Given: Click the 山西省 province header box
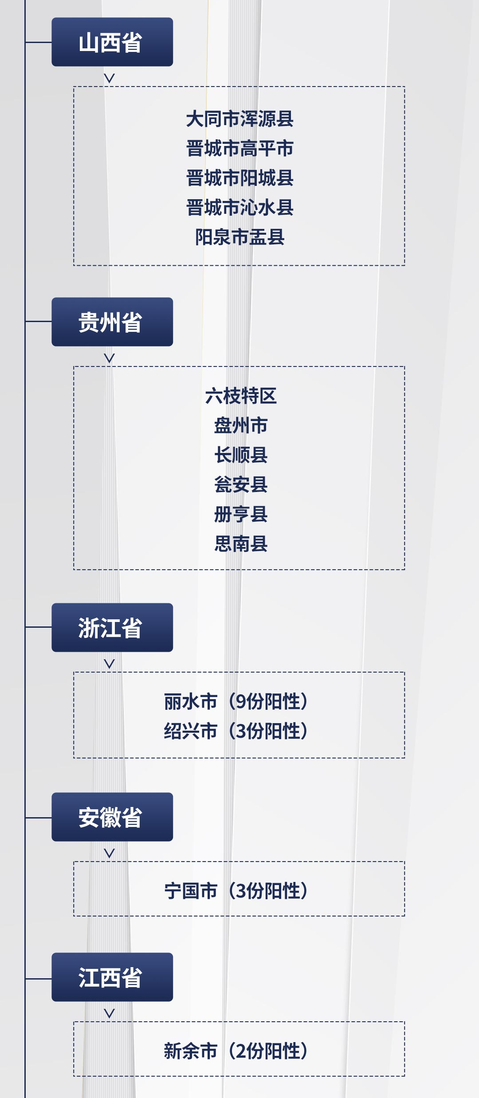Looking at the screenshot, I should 112,42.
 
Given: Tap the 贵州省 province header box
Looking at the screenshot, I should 112,322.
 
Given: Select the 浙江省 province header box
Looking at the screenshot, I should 112,627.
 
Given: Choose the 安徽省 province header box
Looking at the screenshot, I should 112,817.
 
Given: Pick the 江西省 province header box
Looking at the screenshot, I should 112,977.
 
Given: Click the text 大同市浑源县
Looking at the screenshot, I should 239,119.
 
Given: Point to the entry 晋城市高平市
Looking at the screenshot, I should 239,149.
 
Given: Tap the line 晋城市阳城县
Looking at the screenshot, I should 239,178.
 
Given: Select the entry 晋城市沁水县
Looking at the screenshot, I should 239,208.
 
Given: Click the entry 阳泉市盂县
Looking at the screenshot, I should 239,237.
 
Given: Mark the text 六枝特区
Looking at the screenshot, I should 241,396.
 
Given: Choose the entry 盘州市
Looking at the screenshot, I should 241,425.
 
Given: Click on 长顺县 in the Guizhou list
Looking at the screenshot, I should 241,455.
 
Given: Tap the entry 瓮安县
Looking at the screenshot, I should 241,484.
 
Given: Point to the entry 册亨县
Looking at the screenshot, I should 241,514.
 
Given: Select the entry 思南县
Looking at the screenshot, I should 241,544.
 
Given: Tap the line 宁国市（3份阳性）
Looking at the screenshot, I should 236,891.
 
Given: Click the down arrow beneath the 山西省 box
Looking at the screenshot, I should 109,78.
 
